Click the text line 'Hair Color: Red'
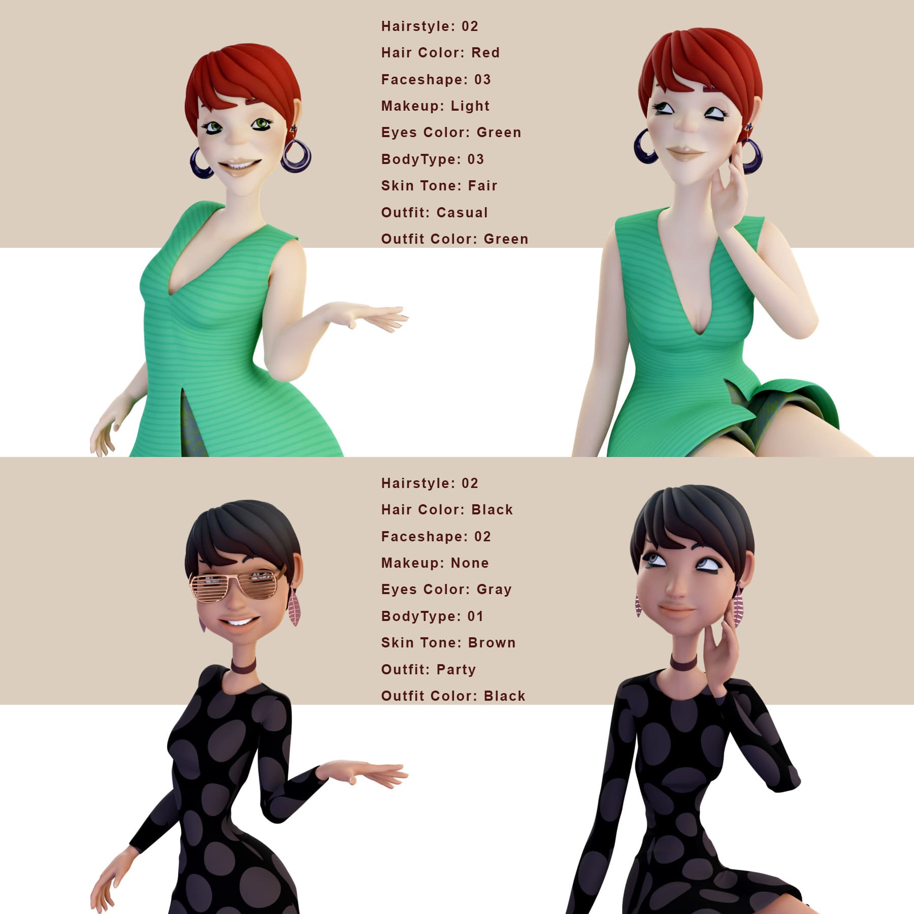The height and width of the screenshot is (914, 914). coord(440,53)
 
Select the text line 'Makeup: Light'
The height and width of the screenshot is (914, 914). coord(435,106)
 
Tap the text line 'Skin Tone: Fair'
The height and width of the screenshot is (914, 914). coord(439,186)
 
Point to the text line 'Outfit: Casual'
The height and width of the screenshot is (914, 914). coord(434,212)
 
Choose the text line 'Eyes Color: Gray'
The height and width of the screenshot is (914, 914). coord(446,590)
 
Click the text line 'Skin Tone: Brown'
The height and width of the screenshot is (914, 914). coord(448,643)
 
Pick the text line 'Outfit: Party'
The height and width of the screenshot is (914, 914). coord(429,669)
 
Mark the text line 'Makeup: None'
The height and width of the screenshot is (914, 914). coord(435,563)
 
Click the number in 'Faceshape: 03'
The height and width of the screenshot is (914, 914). coord(482,80)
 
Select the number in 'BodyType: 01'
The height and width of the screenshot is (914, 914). coord(475,616)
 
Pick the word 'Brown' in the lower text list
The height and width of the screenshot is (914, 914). coord(492,643)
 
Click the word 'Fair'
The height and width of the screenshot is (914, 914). coord(482,186)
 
